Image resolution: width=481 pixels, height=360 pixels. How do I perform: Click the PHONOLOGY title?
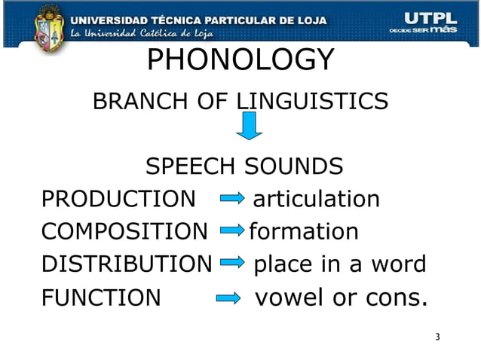click(240, 60)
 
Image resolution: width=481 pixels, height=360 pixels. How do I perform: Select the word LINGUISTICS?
click(313, 100)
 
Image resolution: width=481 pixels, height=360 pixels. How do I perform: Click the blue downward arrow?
click(249, 125)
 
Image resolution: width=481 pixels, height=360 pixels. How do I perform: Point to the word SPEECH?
click(189, 166)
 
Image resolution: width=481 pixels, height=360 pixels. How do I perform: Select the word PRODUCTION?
click(118, 200)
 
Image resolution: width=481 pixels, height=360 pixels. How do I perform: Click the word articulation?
click(316, 200)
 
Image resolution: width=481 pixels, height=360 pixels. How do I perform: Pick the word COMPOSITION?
click(124, 232)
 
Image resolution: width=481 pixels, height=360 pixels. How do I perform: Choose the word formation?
click(303, 232)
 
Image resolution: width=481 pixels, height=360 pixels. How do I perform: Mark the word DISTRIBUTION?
click(127, 265)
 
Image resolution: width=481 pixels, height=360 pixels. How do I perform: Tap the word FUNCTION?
click(101, 298)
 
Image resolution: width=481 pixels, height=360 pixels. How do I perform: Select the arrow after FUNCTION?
click(228, 298)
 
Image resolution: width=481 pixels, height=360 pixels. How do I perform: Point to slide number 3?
click(437, 336)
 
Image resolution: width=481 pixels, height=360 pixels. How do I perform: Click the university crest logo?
click(50, 27)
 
